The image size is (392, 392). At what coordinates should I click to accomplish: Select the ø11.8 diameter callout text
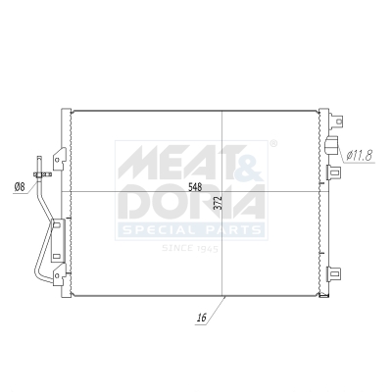tap(363, 153)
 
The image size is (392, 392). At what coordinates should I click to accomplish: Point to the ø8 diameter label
tap(19, 188)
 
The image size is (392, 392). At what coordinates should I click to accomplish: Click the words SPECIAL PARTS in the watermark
tap(191, 230)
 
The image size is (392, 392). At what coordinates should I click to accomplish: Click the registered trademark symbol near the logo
tap(273, 144)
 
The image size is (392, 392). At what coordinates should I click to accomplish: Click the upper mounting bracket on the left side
tap(61, 157)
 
